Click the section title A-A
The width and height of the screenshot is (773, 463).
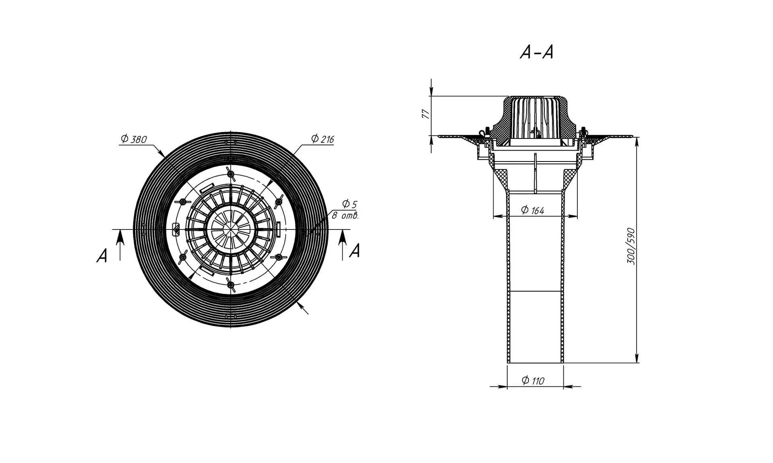(537, 52)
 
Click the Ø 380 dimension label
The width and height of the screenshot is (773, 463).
(134, 139)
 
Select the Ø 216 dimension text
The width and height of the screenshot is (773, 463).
(322, 139)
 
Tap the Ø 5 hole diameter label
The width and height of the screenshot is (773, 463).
(349, 204)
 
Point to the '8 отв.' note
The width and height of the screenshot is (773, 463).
(345, 215)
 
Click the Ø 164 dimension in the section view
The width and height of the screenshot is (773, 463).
(532, 210)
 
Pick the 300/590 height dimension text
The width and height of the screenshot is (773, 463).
(631, 246)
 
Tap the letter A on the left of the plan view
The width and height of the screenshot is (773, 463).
(102, 256)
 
